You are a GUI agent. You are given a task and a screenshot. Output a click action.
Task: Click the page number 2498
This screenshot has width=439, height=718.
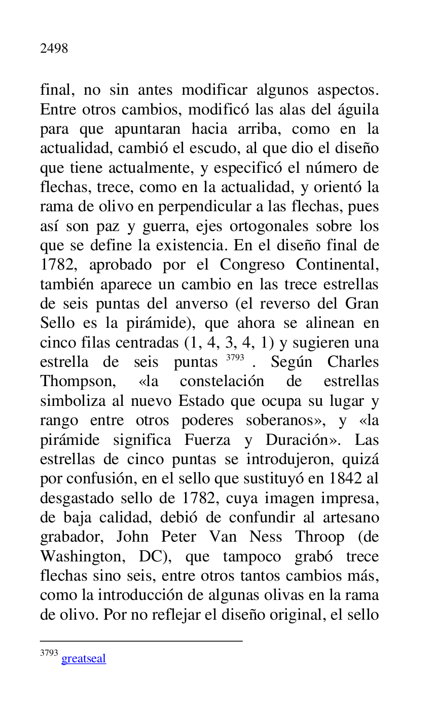click(x=54, y=49)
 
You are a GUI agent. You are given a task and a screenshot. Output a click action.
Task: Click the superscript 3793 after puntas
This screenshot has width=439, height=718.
click(x=235, y=358)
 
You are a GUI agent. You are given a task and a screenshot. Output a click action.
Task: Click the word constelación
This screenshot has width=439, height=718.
click(x=222, y=382)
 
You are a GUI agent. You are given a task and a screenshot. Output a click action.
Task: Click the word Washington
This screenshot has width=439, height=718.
click(x=83, y=557)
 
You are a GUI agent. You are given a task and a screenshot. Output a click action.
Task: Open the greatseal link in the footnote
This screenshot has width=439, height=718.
click(x=84, y=659)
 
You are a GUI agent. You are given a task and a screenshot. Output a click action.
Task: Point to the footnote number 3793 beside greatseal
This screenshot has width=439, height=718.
click(x=49, y=653)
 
